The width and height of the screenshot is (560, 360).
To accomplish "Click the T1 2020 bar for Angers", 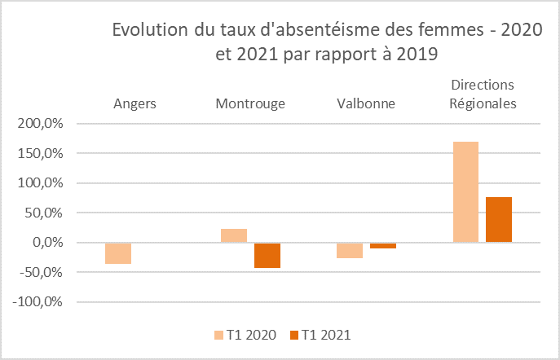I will click(118, 253).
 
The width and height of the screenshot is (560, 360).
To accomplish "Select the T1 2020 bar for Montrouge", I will click(234, 235).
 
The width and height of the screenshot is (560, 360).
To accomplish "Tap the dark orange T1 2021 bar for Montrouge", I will click(267, 255).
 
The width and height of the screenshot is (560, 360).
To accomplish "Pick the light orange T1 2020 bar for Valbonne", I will click(350, 250).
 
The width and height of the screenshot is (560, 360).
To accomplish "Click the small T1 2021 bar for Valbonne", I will click(382, 245).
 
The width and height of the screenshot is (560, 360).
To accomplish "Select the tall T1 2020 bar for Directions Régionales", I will click(465, 192).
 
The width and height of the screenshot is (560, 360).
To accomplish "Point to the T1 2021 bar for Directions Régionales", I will click(498, 220).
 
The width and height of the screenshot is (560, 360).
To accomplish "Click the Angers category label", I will click(134, 103).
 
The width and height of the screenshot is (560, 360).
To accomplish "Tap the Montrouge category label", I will click(250, 103).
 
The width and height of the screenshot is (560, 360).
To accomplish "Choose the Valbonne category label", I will click(366, 103).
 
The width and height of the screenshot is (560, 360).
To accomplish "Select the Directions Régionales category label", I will click(482, 94).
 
